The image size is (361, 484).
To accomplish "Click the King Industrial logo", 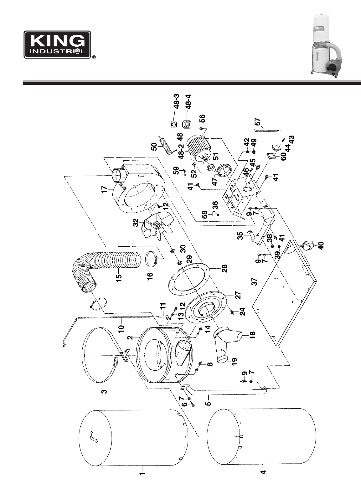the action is click(x=57, y=44).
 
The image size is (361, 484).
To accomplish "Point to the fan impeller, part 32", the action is click(x=158, y=227).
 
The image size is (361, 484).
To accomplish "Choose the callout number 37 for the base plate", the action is click(x=254, y=281).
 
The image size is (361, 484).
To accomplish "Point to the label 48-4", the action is click(x=188, y=102).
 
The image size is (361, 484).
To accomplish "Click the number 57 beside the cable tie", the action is click(x=257, y=122).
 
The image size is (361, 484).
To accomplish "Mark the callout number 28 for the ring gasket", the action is click(x=225, y=269).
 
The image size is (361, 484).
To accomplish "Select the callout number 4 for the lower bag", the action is click(x=263, y=470).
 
